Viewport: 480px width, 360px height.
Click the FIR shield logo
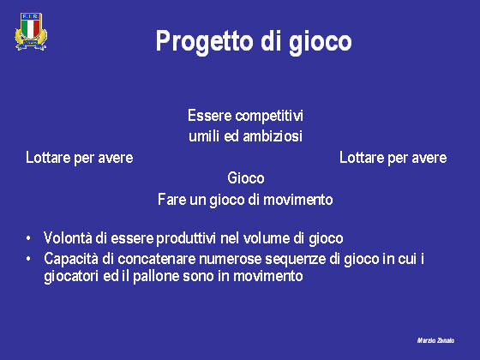(31, 31)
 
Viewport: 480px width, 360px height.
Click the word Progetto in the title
(205, 42)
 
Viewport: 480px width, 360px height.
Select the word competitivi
(269, 117)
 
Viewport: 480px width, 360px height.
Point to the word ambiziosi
(273, 136)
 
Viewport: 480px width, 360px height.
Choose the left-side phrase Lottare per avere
(79, 159)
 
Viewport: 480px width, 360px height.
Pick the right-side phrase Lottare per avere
(393, 159)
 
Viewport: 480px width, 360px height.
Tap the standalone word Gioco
(246, 178)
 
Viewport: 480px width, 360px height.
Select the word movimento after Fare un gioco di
(298, 200)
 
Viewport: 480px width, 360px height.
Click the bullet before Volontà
(28, 238)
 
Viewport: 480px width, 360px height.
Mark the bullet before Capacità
(28, 259)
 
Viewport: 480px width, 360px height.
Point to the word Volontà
(68, 238)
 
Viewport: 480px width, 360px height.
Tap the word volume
(267, 238)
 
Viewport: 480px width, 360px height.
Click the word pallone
(156, 276)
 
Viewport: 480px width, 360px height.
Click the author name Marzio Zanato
(436, 340)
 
